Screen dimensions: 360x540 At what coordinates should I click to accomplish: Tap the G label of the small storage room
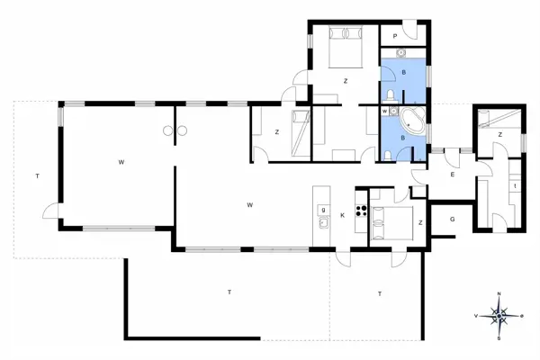coord(453,219)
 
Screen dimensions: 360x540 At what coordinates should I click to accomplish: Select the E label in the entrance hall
coord(452,175)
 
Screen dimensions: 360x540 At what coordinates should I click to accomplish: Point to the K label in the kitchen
coord(343,215)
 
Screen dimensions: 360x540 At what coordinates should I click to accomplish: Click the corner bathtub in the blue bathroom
coord(413,120)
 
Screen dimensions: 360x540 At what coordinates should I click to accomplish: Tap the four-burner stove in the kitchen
coord(362,212)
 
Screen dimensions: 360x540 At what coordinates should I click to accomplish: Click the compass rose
coord(499,315)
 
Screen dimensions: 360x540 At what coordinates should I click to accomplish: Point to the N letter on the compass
coord(499,295)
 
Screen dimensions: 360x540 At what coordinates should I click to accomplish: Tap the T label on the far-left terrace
coord(37,175)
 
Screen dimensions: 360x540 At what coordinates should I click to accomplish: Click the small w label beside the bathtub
coord(385,112)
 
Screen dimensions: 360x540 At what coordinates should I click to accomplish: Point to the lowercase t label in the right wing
coord(514,186)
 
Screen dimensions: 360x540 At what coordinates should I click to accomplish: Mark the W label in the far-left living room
coord(120,162)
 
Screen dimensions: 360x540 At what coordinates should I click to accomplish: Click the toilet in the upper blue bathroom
coord(387,95)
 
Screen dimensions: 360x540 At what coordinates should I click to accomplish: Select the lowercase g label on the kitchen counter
coord(322,209)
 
